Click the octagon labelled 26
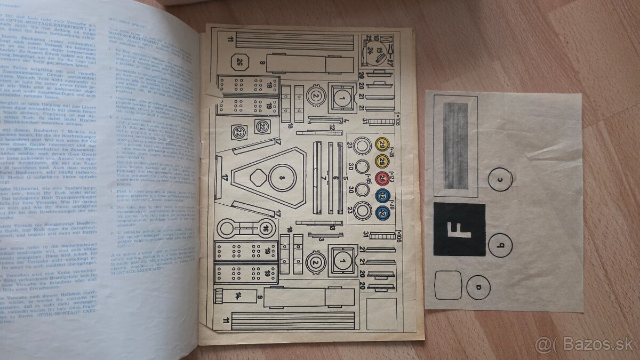click(x=239, y=63)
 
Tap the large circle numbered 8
click(x=282, y=178)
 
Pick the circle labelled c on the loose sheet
click(x=500, y=179)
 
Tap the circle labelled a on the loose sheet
click(x=477, y=287)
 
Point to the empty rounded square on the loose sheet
click(x=448, y=285)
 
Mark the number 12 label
click(x=331, y=127)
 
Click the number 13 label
click(x=332, y=228)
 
